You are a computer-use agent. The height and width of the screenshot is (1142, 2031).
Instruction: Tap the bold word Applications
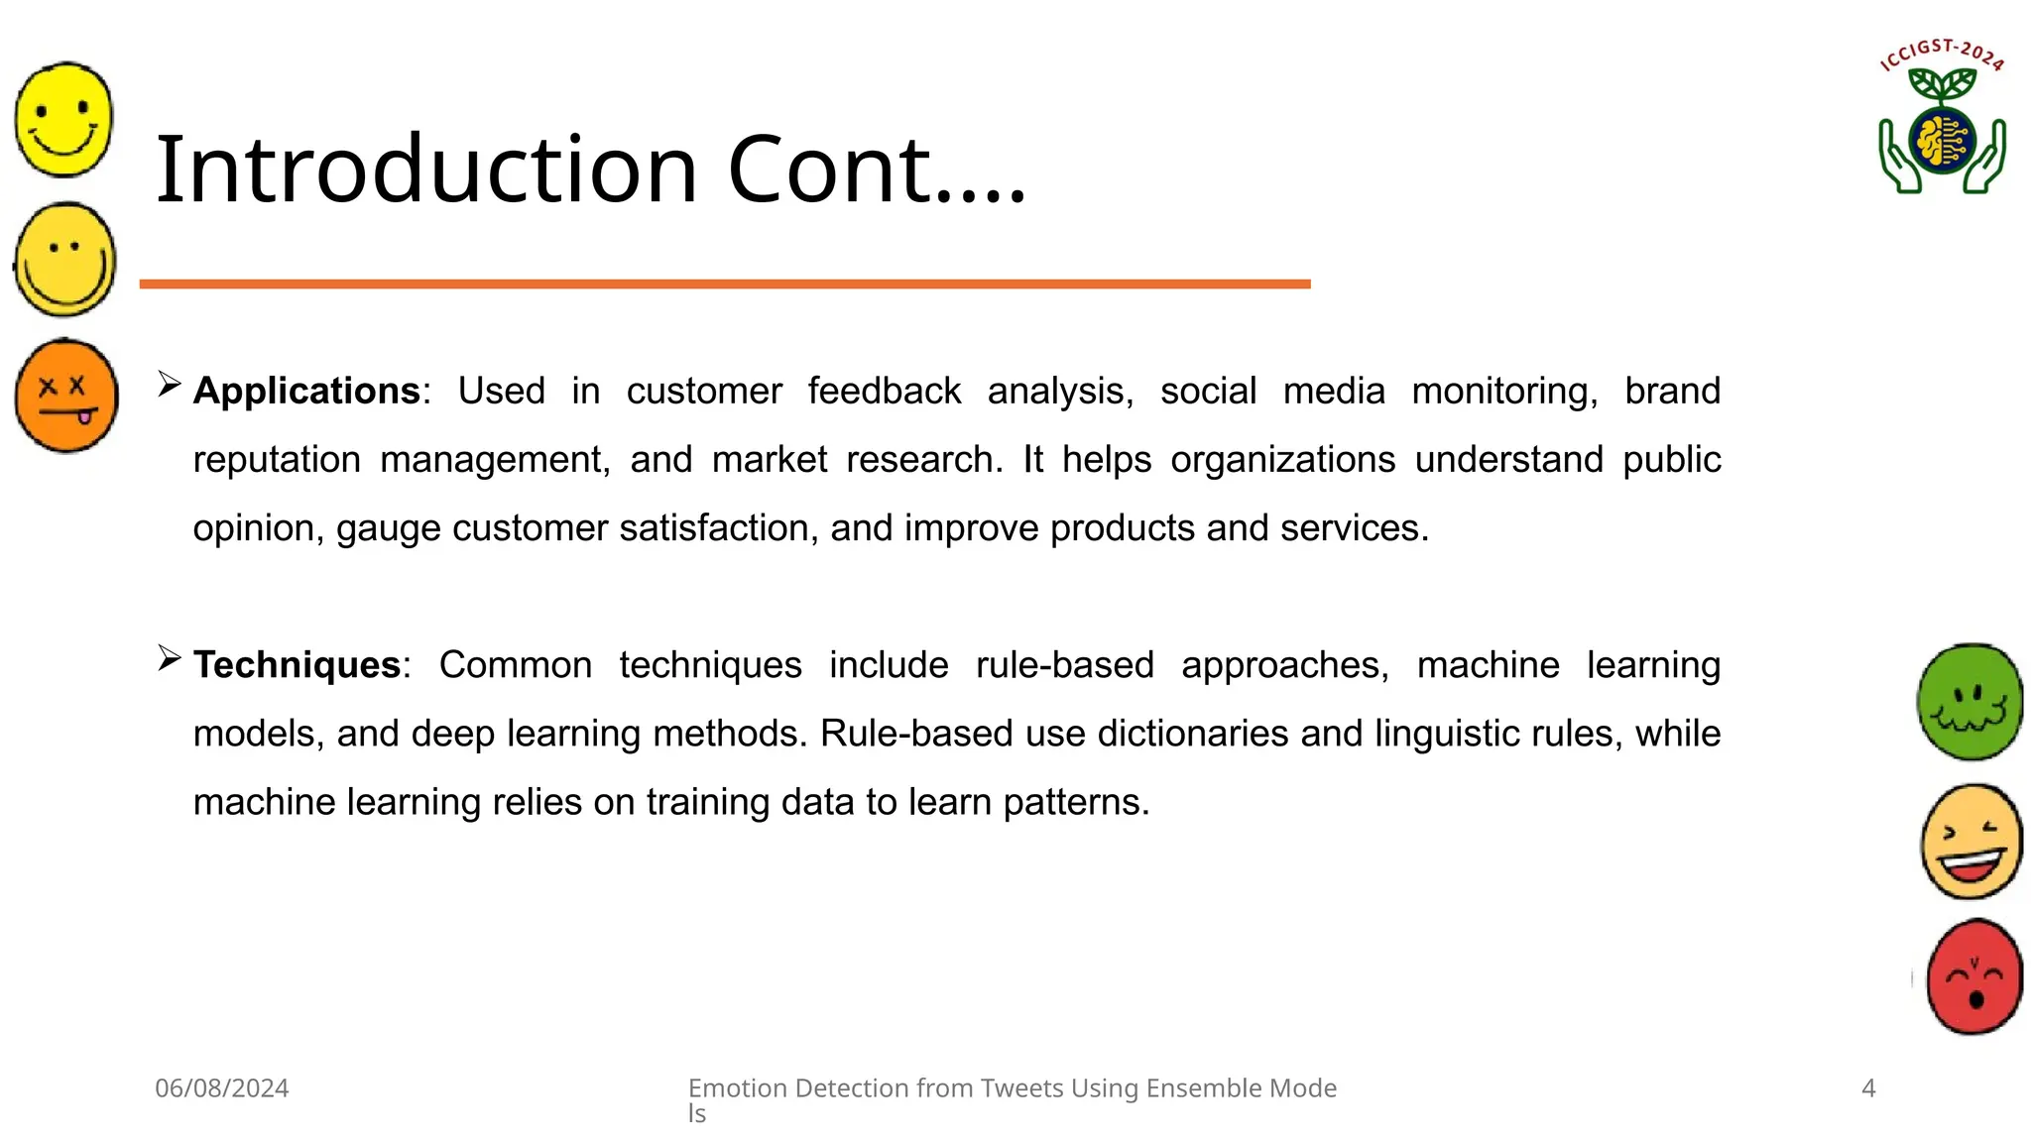(x=306, y=392)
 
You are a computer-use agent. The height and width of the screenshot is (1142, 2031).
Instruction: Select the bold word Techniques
(x=297, y=665)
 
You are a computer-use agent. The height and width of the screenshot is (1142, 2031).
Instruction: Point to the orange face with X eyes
(x=66, y=396)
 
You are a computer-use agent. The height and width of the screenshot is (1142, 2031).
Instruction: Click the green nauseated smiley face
(x=1970, y=702)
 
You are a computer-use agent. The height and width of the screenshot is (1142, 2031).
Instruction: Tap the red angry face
(x=1973, y=977)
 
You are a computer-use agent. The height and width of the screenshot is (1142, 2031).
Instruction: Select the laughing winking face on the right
(x=1971, y=842)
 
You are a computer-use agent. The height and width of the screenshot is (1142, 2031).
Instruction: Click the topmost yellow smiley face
(x=64, y=119)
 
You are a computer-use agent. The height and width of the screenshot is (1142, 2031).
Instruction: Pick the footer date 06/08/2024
(x=222, y=1088)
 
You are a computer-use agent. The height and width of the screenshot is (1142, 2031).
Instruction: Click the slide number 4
(x=1868, y=1088)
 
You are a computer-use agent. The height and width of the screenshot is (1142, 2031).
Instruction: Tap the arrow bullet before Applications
(x=169, y=385)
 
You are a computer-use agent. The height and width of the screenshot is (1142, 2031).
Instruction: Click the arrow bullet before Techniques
(x=169, y=658)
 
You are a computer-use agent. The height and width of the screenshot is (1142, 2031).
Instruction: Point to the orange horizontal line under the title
(x=724, y=285)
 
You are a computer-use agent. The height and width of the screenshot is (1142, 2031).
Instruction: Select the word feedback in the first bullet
(x=884, y=392)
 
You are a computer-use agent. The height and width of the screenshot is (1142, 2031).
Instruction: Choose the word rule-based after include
(x=1064, y=665)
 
